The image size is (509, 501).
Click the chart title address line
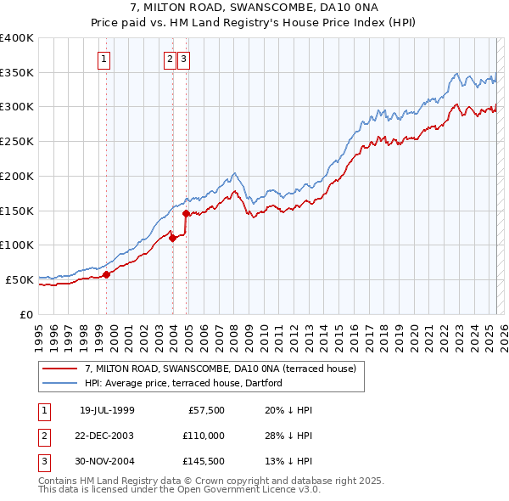255,7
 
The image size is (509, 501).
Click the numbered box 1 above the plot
103,59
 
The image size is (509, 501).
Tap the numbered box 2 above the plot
170,59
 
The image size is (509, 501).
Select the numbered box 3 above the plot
183,59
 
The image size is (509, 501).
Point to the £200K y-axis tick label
17,176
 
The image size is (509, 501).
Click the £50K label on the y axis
20,279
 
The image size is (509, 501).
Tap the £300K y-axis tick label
17,107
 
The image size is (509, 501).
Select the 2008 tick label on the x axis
233,332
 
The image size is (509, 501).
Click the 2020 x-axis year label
413,332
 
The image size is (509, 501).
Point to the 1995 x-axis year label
38,332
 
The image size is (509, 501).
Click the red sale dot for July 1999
107,274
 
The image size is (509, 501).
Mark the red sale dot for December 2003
173,239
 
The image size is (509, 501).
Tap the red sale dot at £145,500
187,214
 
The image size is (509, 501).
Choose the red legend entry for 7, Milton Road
226,369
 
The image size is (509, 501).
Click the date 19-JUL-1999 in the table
107,410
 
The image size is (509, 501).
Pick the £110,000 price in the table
204,434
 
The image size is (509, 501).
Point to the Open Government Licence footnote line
179,490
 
